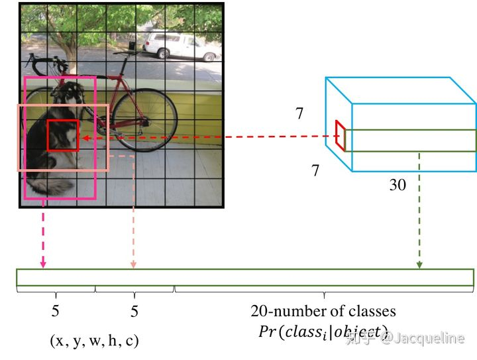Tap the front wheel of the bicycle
pyautogui.click(x=144, y=119)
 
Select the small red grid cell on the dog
pyautogui.click(x=63, y=136)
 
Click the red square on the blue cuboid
pyautogui.click(x=340, y=135)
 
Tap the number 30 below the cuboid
pyautogui.click(x=397, y=186)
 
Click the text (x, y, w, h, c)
pyautogui.click(x=95, y=340)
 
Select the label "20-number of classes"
pyautogui.click(x=323, y=311)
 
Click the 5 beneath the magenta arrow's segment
pyautogui.click(x=56, y=311)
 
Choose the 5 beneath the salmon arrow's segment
pyautogui.click(x=134, y=311)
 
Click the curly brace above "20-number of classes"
pyautogui.click(x=324, y=290)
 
